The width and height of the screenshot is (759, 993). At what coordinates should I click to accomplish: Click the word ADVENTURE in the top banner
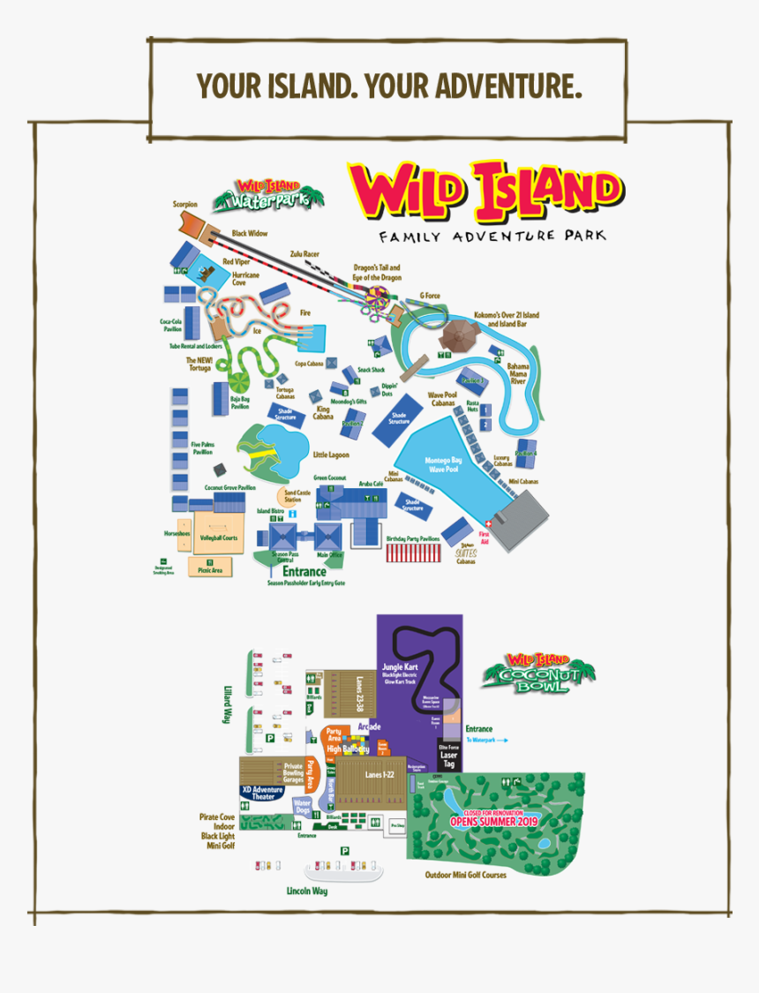coord(509,87)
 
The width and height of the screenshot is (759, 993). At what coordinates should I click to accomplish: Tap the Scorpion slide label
coord(185,205)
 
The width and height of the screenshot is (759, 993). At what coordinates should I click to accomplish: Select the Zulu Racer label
coord(304,253)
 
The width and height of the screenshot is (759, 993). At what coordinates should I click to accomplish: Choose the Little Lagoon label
coord(331,455)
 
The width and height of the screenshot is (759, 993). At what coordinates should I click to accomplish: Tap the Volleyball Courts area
coord(218,537)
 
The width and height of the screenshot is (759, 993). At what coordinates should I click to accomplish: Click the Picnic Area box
coord(210,567)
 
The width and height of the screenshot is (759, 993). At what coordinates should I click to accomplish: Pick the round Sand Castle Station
coord(292,496)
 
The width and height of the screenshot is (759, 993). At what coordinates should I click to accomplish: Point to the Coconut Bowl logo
coord(537,673)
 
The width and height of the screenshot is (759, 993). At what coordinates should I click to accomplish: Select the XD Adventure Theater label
coord(263,793)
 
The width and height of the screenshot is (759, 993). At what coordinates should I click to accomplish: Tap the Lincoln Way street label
coord(306,891)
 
